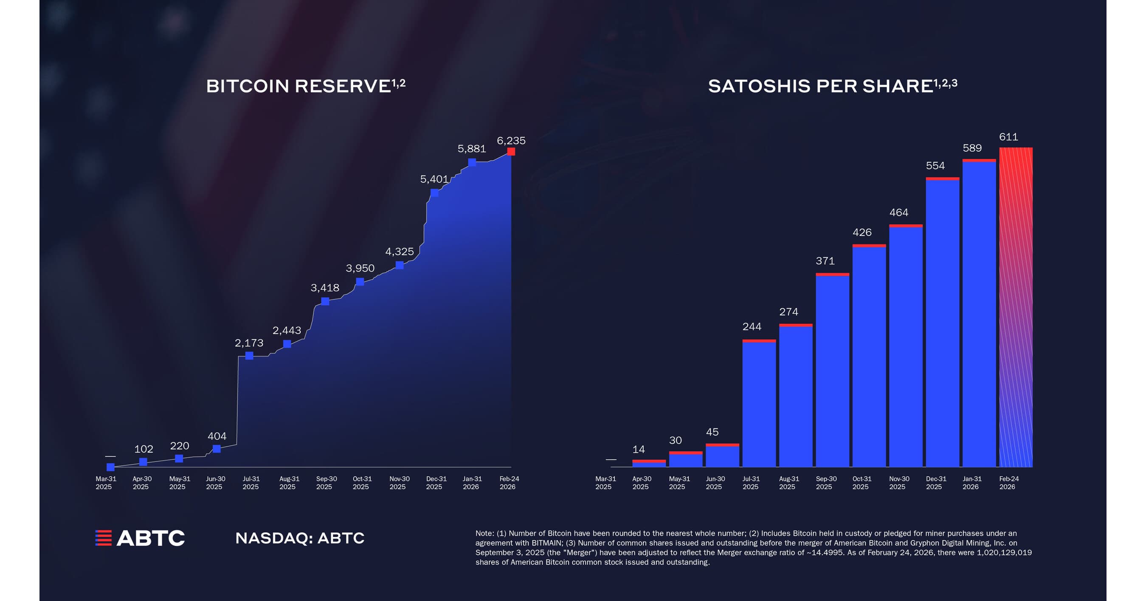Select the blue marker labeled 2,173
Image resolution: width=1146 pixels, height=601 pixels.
[x=249, y=356]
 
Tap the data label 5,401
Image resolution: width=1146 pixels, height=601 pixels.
[x=434, y=179]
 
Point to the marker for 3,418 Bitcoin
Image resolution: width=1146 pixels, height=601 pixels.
[x=325, y=301]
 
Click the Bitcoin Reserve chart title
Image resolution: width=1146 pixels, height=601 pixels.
[x=305, y=86]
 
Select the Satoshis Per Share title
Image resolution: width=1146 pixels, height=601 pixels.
[x=832, y=86]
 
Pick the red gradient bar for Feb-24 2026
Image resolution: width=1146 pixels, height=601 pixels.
[x=1016, y=307]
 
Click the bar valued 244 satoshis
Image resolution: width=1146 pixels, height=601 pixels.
[x=759, y=403]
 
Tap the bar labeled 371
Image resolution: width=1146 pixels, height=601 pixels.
[x=832, y=369]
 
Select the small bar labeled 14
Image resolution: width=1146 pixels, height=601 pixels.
[x=649, y=463]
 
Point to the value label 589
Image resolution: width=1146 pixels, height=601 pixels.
[x=972, y=148]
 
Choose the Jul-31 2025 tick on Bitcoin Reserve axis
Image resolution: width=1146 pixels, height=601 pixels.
[x=251, y=482]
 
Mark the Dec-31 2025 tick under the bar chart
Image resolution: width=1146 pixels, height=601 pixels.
[x=935, y=482]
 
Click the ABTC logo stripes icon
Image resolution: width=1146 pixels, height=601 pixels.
[x=103, y=538]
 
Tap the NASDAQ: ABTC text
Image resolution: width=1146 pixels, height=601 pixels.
[x=300, y=538]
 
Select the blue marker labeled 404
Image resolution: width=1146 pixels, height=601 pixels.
[x=217, y=449]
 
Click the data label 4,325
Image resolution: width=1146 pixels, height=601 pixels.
[x=399, y=252]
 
